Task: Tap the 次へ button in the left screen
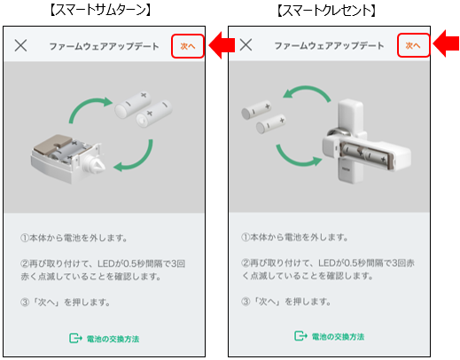[x=187, y=45]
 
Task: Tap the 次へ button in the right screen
[x=413, y=45]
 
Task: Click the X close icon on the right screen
[x=246, y=45]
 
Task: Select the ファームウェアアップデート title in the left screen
[x=104, y=45]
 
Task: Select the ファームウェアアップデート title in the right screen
[x=329, y=45]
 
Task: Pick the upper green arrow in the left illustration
[x=88, y=112]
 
